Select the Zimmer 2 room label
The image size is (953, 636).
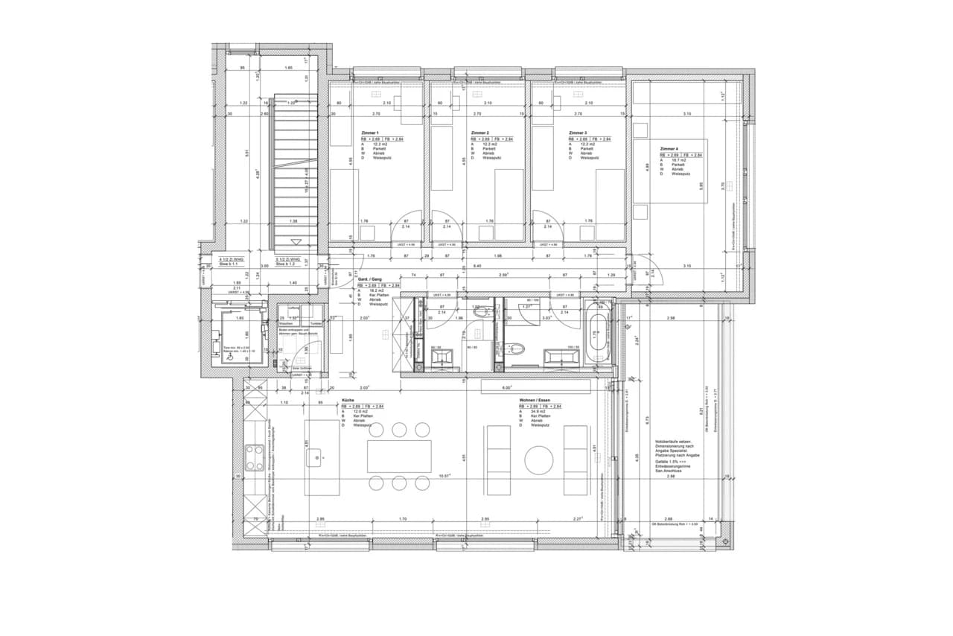479,133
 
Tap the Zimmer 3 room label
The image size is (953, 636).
579,133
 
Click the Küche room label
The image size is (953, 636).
348,400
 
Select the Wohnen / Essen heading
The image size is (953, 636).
536,400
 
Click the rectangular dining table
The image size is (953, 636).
399,456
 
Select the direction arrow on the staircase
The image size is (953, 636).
296,242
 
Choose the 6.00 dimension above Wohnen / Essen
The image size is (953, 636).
506,388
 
